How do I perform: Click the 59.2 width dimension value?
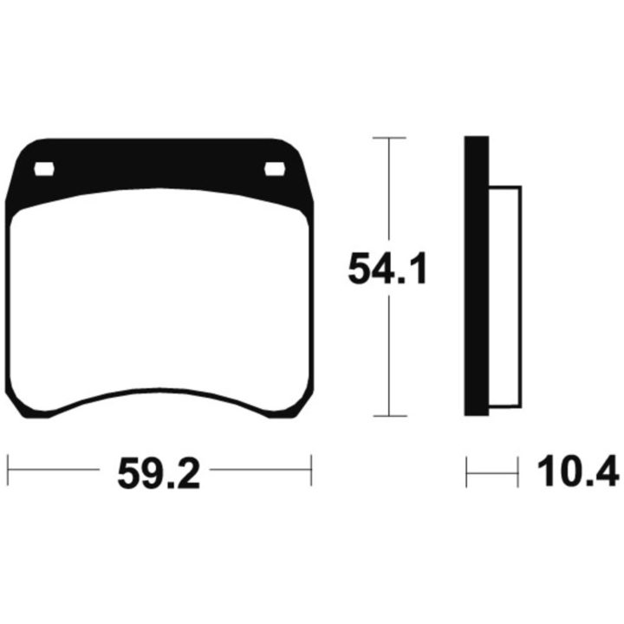[159, 473]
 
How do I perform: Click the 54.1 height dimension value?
[387, 268]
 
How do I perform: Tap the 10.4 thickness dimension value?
[578, 471]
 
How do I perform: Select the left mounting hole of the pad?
[44, 169]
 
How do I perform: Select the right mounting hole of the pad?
[275, 169]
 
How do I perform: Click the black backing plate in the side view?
[477, 276]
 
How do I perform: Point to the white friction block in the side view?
[504, 297]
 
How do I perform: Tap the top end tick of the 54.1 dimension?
[389, 138]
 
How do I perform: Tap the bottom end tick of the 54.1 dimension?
[390, 416]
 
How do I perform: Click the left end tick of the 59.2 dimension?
[8, 471]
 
